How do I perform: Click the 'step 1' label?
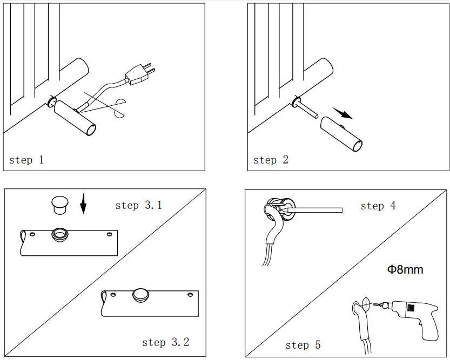(x=27, y=160)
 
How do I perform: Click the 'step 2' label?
(x=271, y=160)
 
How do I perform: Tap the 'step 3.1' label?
(x=138, y=205)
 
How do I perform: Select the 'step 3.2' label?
(x=165, y=342)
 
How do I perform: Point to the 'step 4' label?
(x=378, y=206)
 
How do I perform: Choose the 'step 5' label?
(x=303, y=345)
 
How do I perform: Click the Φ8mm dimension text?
(x=405, y=269)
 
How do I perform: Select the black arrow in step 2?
(x=342, y=113)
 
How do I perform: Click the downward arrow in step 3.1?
(x=83, y=204)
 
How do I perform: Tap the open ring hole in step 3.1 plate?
(x=57, y=234)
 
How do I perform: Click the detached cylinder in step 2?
(x=341, y=134)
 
